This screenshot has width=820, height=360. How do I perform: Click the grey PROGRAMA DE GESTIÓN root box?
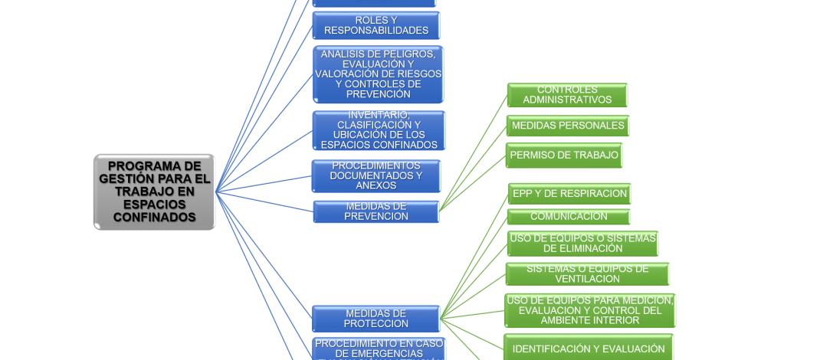point(154,191)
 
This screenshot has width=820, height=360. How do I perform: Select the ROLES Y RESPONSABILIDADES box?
point(376,25)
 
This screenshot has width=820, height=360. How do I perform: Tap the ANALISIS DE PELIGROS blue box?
point(378,74)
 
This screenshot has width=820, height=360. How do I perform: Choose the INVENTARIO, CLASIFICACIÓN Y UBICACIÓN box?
point(379,130)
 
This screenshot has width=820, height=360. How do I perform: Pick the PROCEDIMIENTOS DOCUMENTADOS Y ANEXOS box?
point(376,176)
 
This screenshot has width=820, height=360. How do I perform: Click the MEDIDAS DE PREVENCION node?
point(376,211)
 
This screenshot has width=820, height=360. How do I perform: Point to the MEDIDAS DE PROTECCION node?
point(376,319)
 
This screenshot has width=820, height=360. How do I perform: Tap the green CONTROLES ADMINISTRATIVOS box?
point(567,95)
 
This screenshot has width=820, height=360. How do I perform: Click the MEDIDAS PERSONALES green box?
point(568,126)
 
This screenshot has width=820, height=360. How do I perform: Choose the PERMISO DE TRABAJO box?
point(564,155)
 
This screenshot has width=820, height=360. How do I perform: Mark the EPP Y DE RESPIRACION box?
point(569,194)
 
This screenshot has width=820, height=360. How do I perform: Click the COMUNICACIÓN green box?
point(569,217)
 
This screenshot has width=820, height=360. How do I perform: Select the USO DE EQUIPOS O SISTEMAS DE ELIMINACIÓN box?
point(582,244)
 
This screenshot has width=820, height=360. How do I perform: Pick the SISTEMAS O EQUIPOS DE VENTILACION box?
point(587,274)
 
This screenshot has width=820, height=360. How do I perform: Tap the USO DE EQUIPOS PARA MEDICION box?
point(589,311)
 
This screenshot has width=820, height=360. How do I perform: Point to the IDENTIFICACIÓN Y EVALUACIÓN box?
point(588,349)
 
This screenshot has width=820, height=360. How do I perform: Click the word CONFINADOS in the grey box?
point(154,218)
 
